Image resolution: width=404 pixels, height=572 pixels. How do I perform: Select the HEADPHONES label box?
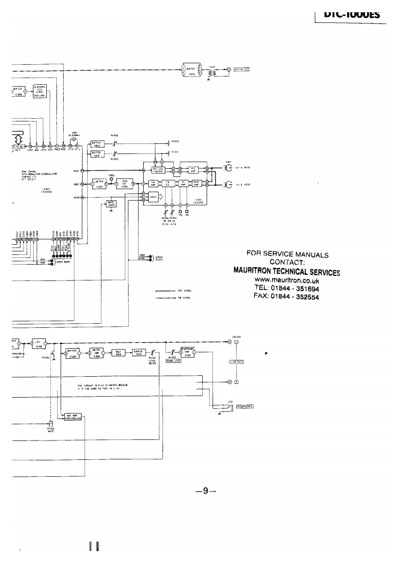tap(244, 406)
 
